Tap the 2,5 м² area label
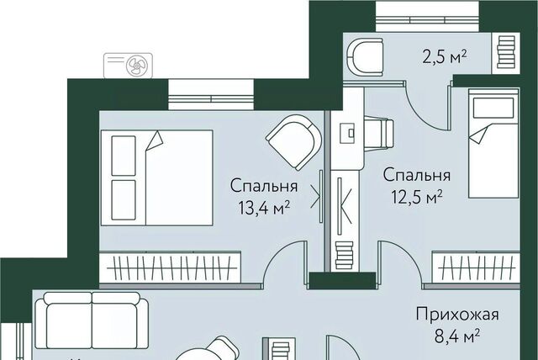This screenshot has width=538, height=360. point(445,57)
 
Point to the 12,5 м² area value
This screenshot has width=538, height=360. point(417,197)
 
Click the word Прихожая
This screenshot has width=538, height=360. point(457,314)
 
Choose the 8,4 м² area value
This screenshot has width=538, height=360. point(457,336)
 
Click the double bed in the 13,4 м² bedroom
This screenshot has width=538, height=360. point(157,177)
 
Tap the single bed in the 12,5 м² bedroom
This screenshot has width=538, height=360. point(493,143)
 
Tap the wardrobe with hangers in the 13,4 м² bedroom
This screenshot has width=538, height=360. point(170,267)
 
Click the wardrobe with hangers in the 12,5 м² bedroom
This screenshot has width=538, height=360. point(476,268)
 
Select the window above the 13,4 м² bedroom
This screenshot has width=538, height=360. point(211,95)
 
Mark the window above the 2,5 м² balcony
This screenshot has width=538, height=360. point(427,16)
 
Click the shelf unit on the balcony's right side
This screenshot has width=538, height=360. point(506,53)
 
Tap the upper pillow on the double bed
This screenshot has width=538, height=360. point(124,156)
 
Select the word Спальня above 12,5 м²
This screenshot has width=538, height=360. point(417,175)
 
